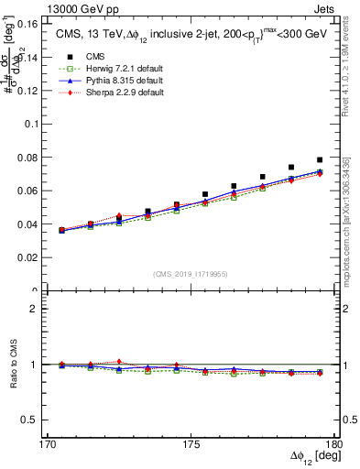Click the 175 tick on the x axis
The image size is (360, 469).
[x=191, y=443]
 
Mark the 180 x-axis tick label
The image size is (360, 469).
[x=335, y=443]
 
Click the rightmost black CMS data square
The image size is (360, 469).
[x=320, y=160]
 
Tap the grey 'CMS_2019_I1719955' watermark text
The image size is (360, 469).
[x=190, y=272]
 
